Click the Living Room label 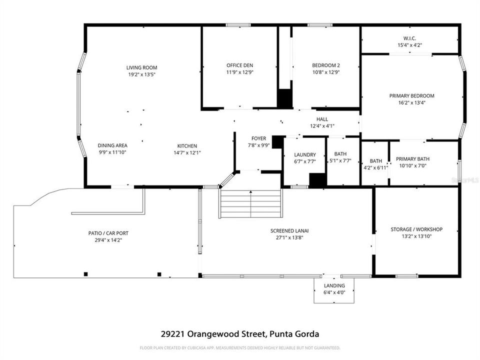[141, 67]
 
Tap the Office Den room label [240, 65]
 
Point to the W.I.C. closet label [409, 38]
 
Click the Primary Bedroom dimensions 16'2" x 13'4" [411, 102]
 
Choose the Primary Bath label [412, 159]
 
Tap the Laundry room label [304, 154]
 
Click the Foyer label [258, 138]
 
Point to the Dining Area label [112, 145]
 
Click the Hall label [322, 119]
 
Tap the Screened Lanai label [289, 230]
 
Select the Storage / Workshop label [416, 229]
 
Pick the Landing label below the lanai [334, 285]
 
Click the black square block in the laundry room [317, 179]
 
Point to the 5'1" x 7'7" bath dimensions [340, 160]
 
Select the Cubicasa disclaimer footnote [240, 347]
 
